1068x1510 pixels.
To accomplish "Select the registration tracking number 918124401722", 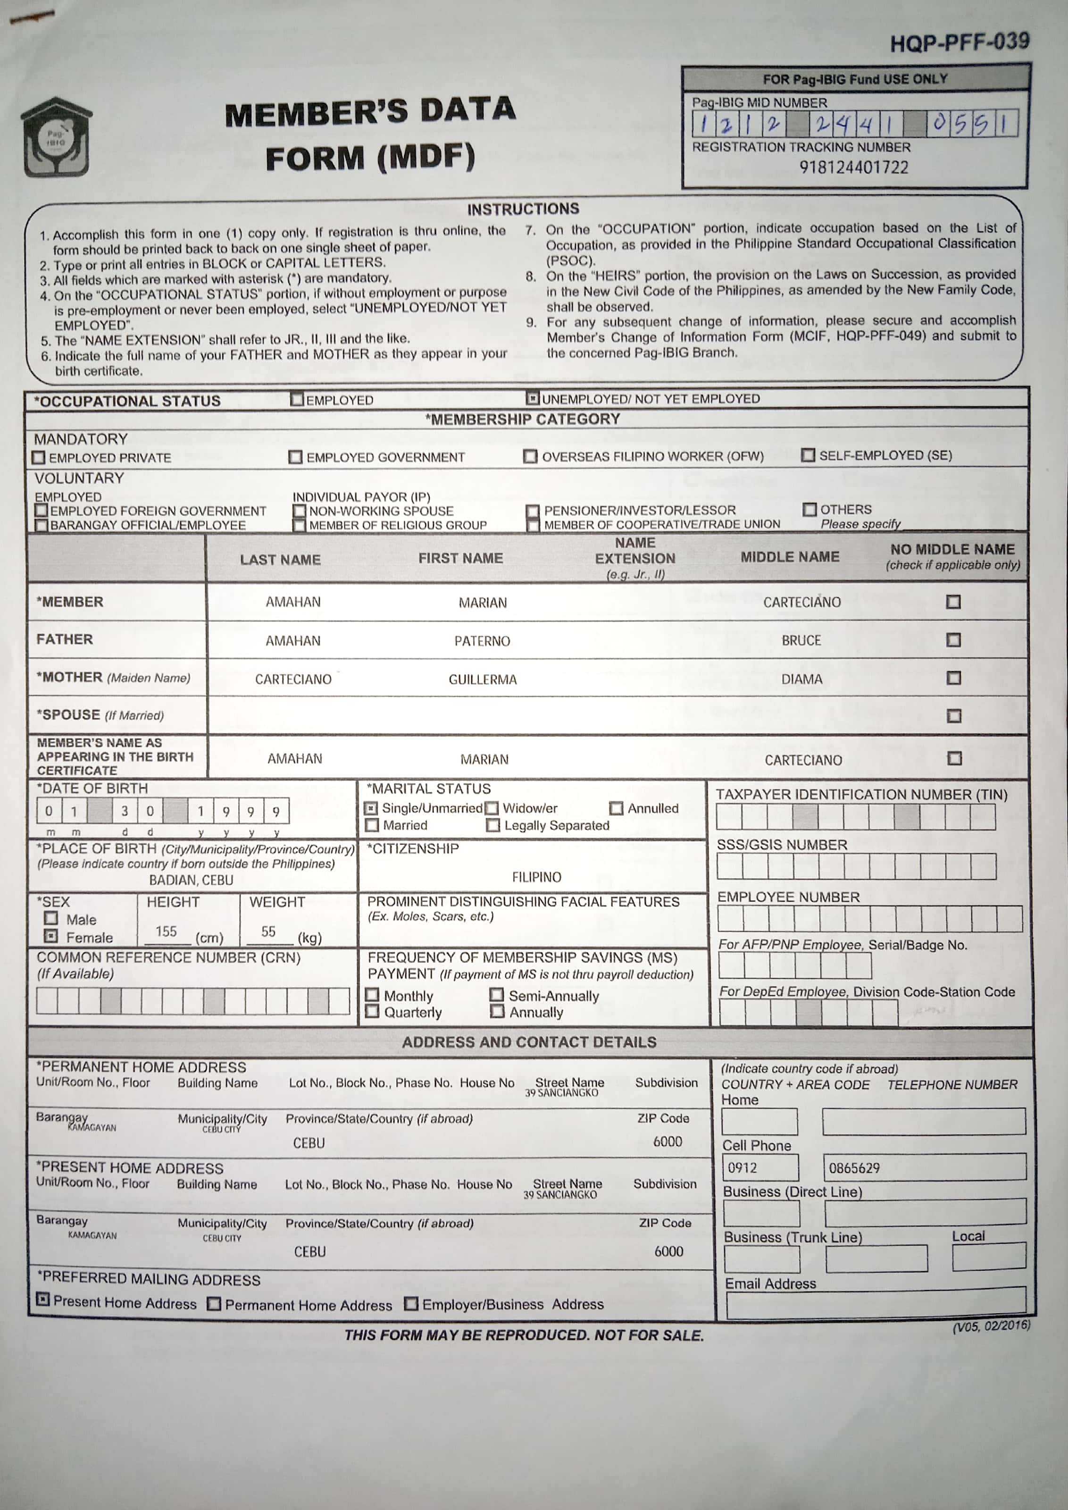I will click(854, 168).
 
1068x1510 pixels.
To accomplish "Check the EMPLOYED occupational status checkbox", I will click(297, 399).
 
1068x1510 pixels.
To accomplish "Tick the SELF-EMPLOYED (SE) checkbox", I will click(808, 455).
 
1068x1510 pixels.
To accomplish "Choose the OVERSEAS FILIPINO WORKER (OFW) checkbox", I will click(530, 456).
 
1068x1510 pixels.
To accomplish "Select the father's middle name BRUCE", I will click(801, 640).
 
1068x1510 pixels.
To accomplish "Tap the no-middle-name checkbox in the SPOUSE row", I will click(953, 715).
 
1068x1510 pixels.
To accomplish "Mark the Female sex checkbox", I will click(50, 936).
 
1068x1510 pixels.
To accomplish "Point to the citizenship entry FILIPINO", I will click(537, 877).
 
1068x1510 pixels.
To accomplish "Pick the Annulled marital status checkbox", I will click(616, 808).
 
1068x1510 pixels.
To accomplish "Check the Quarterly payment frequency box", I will click(372, 1012).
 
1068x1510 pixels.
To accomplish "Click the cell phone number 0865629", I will click(854, 1168).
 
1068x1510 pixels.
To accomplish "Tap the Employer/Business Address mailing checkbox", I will click(411, 1303).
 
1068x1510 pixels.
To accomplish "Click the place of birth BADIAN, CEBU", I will click(191, 880).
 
